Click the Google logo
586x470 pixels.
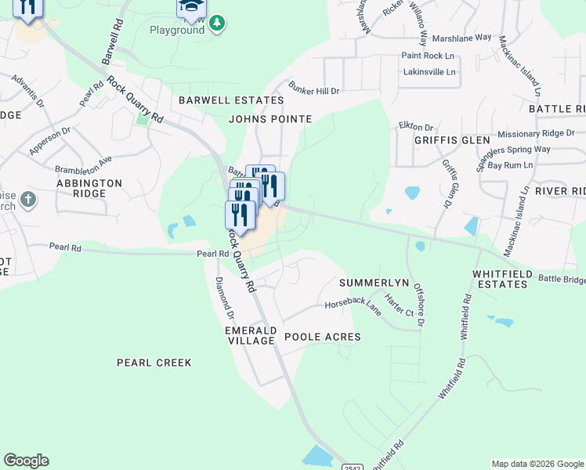coord(26,461)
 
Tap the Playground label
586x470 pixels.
coord(177,29)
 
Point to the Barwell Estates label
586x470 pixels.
coord(231,100)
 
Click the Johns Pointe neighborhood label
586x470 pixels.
coord(270,119)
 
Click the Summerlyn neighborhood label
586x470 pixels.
coord(375,281)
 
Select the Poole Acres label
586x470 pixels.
coord(322,337)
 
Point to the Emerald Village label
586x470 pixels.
coord(250,335)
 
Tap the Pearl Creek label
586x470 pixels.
coord(154,363)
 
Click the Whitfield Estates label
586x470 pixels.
coord(501,279)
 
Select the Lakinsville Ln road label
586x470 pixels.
coord(429,71)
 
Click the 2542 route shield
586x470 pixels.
coord(352,466)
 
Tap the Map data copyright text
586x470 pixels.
coord(537,464)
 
